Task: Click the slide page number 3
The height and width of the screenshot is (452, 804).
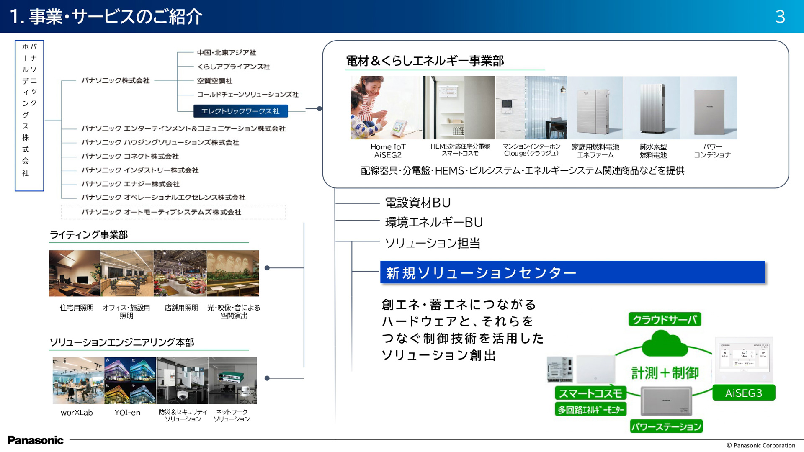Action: coord(780,17)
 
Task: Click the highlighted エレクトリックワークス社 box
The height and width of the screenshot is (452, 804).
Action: coord(240,111)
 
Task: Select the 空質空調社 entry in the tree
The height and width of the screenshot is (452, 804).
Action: coord(214,81)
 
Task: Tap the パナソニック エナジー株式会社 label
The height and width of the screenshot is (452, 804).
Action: coord(130,184)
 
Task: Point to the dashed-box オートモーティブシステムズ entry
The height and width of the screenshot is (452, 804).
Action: coord(161,212)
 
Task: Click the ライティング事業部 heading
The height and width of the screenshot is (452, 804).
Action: coord(88,235)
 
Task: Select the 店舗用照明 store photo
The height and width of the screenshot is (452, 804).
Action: coord(180,273)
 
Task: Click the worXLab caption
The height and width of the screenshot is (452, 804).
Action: coord(77,412)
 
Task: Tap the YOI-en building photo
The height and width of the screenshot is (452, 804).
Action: coord(130,380)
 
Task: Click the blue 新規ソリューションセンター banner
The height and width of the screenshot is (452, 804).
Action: coord(572,272)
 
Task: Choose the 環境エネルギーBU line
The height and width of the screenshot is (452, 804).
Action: coord(434,222)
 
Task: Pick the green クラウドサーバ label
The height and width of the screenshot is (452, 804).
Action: coord(665,320)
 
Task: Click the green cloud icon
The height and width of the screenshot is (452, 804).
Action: coord(664,344)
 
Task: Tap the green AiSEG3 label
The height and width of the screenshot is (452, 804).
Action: coord(743,393)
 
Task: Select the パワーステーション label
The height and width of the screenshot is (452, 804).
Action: coord(666,426)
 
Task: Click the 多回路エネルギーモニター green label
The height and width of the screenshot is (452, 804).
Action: coord(590,409)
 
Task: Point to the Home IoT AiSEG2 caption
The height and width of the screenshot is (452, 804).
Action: coord(388,151)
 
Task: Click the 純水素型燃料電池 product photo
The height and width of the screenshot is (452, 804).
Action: coord(652,108)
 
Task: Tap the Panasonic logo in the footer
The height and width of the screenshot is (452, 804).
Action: coord(36,440)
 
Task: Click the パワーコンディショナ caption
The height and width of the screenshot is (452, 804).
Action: coord(712,151)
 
